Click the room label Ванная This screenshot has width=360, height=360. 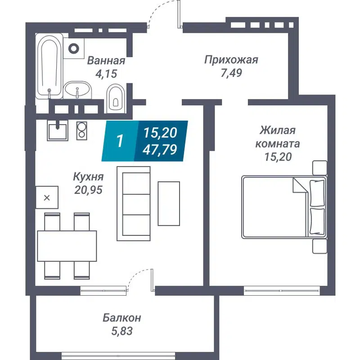tap(106, 61)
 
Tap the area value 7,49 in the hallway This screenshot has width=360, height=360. tap(231, 73)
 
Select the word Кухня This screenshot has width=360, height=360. tap(89, 177)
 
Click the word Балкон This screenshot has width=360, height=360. tap(121, 318)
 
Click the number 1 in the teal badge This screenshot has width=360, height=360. tap(120, 141)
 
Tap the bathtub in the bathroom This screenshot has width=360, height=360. tap(49, 67)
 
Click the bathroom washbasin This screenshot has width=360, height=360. tap(77, 90)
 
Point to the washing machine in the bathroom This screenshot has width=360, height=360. tap(75, 47)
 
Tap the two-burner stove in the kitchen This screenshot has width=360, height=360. tap(82, 130)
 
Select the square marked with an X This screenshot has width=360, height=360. tap(47, 197)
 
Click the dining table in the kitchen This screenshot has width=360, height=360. tap(67, 246)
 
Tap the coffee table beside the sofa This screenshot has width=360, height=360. tap(169, 203)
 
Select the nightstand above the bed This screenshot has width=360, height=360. tap(319, 167)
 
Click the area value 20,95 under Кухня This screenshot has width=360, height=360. tap(89, 190)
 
